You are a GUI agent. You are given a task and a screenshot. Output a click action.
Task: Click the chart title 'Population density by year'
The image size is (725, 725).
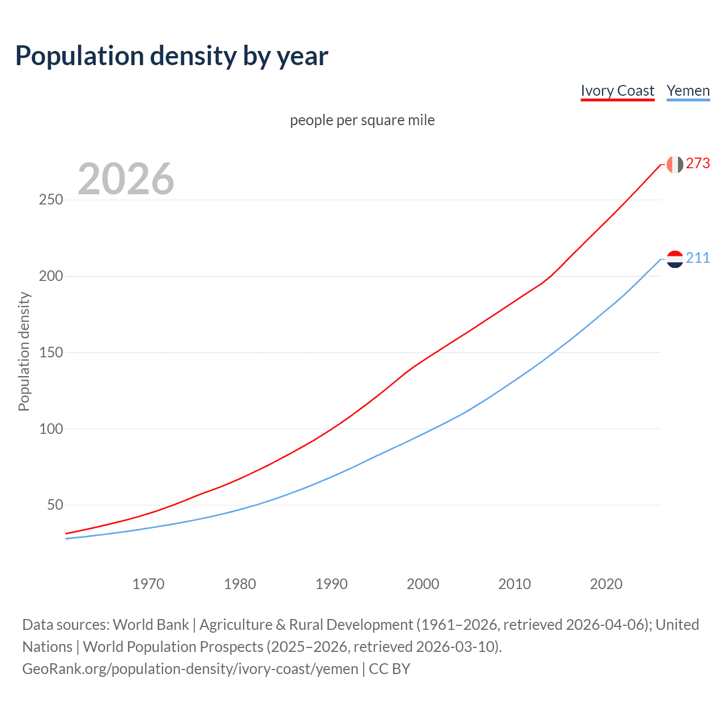point(172,56)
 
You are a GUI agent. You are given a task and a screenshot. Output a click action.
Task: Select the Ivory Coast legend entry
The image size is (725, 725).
point(617,91)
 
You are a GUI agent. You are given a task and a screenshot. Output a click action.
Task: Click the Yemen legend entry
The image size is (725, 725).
point(688,91)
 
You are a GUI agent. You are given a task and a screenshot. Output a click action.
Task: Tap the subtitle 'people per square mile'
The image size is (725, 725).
point(362,120)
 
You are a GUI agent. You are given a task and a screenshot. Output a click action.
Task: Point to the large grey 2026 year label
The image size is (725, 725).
point(126,179)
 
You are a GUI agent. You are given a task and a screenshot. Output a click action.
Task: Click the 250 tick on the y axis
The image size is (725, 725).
point(51,200)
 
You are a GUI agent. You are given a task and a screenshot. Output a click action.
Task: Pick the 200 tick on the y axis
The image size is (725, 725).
point(51,276)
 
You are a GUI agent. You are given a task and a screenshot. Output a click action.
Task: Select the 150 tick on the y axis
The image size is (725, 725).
point(51,352)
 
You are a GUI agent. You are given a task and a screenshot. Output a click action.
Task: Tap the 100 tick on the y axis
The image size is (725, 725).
point(51,429)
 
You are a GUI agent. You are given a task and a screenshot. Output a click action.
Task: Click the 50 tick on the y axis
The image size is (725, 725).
point(55,505)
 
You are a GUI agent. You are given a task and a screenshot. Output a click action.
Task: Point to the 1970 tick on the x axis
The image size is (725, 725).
point(148,584)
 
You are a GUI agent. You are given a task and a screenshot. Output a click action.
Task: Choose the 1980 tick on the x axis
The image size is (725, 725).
point(240,584)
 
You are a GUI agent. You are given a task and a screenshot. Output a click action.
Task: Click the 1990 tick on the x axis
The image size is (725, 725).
point(331,584)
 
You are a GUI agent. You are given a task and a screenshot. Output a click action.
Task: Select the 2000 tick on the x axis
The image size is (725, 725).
point(423,584)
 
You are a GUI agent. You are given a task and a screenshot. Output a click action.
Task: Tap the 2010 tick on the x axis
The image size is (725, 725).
point(515,584)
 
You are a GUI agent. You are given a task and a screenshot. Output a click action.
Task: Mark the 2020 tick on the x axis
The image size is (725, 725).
point(606,584)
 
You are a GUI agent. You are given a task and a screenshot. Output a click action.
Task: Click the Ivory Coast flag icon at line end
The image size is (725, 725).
point(675,164)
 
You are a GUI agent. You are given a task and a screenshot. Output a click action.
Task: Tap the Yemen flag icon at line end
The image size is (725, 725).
point(675,259)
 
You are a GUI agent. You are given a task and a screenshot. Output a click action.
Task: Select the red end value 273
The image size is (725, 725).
point(698,164)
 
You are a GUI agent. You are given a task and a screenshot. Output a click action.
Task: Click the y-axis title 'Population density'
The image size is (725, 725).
point(24,351)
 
